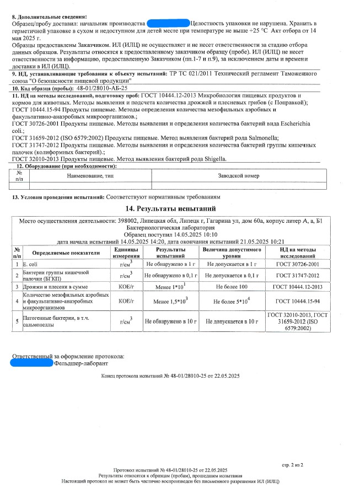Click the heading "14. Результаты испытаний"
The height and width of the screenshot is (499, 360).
pyautogui.click(x=170, y=208)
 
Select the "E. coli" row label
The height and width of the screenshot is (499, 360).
pyautogui.click(x=29, y=265)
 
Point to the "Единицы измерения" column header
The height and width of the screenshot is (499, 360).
pyautogui.click(x=126, y=253)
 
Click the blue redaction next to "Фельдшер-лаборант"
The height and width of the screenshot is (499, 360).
pyautogui.click(x=33, y=364)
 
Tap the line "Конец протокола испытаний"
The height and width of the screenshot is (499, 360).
pyautogui.click(x=170, y=376)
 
